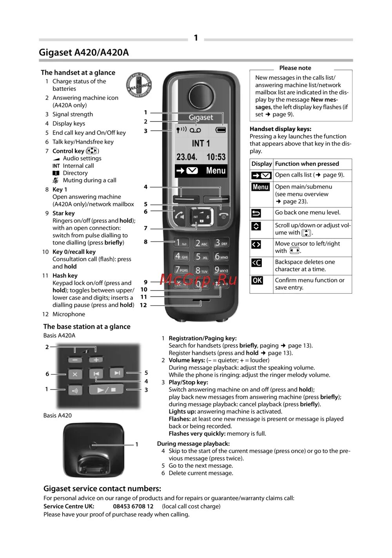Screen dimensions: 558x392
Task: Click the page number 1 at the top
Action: (196, 38)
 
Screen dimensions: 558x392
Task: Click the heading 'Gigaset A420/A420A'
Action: (83, 53)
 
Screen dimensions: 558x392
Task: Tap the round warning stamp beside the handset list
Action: (139, 85)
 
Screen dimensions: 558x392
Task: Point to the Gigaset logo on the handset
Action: (201, 117)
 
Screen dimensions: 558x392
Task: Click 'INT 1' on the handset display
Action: (201, 144)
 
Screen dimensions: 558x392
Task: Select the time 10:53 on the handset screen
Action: (216, 157)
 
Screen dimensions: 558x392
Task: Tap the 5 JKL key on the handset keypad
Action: (201, 257)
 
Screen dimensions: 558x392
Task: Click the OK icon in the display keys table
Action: (257, 280)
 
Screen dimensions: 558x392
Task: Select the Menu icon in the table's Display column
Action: (261, 187)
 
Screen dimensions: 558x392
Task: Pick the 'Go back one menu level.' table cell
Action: (308, 213)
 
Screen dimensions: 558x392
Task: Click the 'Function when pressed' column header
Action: (307, 164)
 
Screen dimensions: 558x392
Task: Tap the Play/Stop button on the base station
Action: (106, 390)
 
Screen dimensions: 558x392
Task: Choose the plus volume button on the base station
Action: (96, 360)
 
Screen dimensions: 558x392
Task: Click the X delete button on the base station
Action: (75, 374)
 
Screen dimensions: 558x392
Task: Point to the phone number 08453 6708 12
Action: (133, 506)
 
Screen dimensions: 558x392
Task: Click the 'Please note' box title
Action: (295, 68)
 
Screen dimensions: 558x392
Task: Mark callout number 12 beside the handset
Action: (143, 305)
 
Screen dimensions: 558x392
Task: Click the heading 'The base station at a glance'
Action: (87, 327)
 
